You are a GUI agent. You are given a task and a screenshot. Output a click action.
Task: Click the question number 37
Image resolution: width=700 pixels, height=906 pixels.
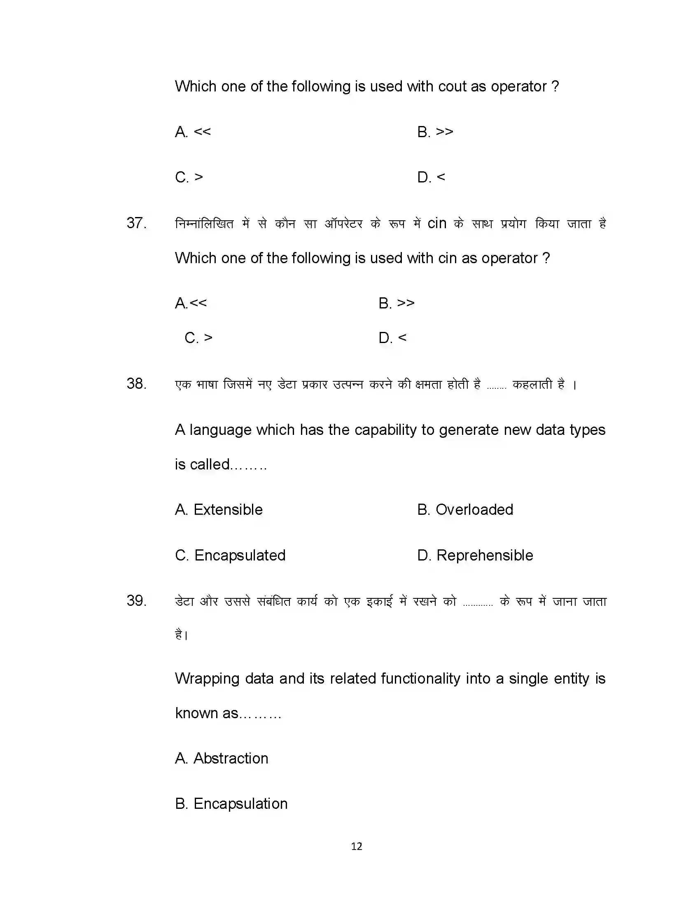click(x=136, y=223)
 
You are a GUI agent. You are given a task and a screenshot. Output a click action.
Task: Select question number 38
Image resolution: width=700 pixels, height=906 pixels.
click(x=136, y=384)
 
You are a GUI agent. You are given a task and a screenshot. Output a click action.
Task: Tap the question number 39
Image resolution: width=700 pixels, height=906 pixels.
click(x=136, y=601)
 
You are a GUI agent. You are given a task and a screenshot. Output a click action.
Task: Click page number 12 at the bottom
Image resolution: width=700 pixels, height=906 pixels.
click(x=356, y=846)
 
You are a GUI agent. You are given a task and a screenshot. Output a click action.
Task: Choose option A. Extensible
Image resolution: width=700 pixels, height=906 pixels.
click(x=219, y=509)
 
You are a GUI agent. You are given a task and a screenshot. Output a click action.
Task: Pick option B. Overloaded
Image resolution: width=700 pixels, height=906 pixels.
click(x=465, y=509)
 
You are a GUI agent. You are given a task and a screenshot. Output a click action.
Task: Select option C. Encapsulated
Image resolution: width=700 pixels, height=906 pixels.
click(x=230, y=555)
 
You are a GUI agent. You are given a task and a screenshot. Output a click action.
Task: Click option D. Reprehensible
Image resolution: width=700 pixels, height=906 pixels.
click(x=475, y=555)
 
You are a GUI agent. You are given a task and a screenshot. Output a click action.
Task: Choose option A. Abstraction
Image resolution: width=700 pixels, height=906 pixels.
click(x=222, y=758)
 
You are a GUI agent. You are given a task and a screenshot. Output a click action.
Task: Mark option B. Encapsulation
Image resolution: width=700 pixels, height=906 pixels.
click(x=231, y=803)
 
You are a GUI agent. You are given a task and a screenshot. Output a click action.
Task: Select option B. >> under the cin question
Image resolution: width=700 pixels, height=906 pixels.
click(x=397, y=303)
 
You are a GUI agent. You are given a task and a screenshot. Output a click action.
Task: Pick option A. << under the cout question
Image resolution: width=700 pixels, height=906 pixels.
click(x=193, y=132)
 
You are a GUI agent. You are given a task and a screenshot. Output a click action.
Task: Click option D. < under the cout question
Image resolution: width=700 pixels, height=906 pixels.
click(x=431, y=177)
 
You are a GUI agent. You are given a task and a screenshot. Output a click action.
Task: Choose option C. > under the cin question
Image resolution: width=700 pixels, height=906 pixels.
click(x=198, y=338)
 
